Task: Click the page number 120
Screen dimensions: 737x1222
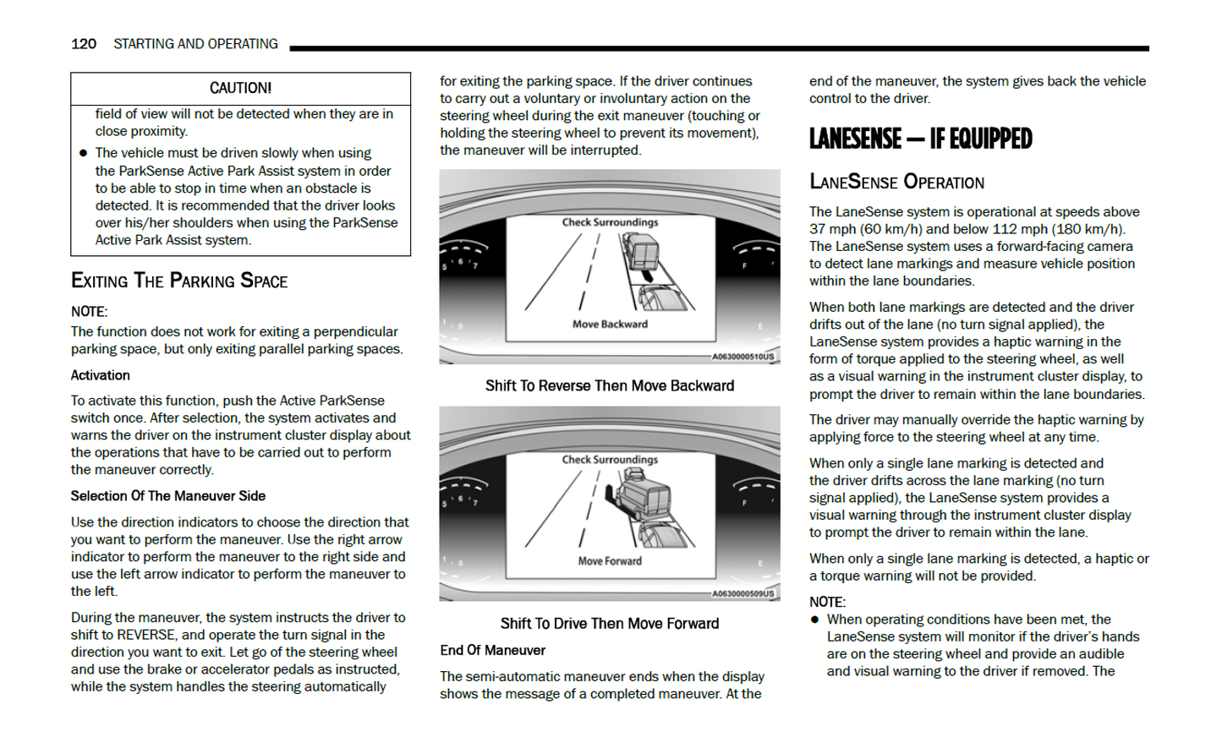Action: pyautogui.click(x=83, y=44)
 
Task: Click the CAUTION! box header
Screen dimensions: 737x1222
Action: pyautogui.click(x=240, y=88)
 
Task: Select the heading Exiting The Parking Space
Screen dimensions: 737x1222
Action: pyautogui.click(x=179, y=281)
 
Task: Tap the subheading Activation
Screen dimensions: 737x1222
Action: pyautogui.click(x=101, y=375)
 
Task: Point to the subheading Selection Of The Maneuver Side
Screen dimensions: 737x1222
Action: pyautogui.click(x=168, y=496)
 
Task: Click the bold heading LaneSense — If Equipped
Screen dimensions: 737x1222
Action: pyautogui.click(x=920, y=139)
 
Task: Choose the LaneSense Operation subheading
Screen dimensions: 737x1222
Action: pyautogui.click(x=896, y=183)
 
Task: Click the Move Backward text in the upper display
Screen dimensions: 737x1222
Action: pyautogui.click(x=610, y=325)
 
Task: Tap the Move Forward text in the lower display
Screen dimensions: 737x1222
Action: pyautogui.click(x=610, y=561)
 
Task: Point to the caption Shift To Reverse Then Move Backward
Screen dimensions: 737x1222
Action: pyautogui.click(x=610, y=386)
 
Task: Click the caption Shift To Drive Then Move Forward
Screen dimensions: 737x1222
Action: pyautogui.click(x=610, y=624)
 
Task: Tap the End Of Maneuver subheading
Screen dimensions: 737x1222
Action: pyautogui.click(x=492, y=651)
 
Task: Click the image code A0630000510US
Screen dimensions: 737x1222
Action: pyautogui.click(x=743, y=357)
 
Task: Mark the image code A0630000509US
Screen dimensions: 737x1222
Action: pyautogui.click(x=743, y=593)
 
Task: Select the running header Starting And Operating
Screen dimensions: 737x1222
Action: pyautogui.click(x=195, y=44)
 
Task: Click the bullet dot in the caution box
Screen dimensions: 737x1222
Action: pyautogui.click(x=83, y=153)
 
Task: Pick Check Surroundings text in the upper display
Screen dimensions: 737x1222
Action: pyautogui.click(x=610, y=222)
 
